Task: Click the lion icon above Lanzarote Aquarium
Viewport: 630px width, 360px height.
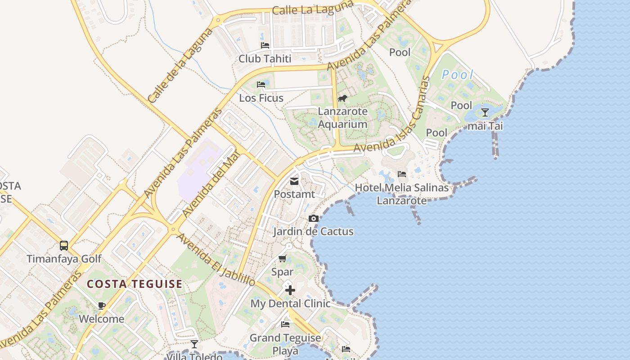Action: click(342, 98)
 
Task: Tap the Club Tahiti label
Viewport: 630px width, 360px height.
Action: click(265, 58)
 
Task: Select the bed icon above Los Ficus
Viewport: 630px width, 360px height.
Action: click(261, 84)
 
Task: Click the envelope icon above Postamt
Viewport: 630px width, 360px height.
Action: click(294, 181)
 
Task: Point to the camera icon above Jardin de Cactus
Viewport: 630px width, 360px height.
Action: click(314, 219)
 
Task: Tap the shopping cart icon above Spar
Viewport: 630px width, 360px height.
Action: click(282, 258)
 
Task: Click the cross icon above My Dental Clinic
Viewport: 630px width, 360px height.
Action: click(290, 290)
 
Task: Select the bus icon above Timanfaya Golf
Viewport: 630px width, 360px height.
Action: click(64, 246)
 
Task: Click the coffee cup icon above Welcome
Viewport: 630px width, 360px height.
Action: click(102, 306)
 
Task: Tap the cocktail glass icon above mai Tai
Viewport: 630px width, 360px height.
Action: click(485, 112)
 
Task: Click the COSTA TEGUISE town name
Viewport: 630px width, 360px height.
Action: click(135, 284)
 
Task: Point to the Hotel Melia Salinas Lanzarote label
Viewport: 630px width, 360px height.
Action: click(402, 194)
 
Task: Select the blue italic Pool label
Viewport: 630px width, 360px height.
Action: click(458, 75)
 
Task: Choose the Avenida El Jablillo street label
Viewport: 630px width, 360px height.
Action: click(216, 259)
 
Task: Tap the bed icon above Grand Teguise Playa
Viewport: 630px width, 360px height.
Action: click(285, 324)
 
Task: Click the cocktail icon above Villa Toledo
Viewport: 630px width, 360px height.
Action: click(194, 344)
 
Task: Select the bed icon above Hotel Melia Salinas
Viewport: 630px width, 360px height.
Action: click(402, 174)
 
